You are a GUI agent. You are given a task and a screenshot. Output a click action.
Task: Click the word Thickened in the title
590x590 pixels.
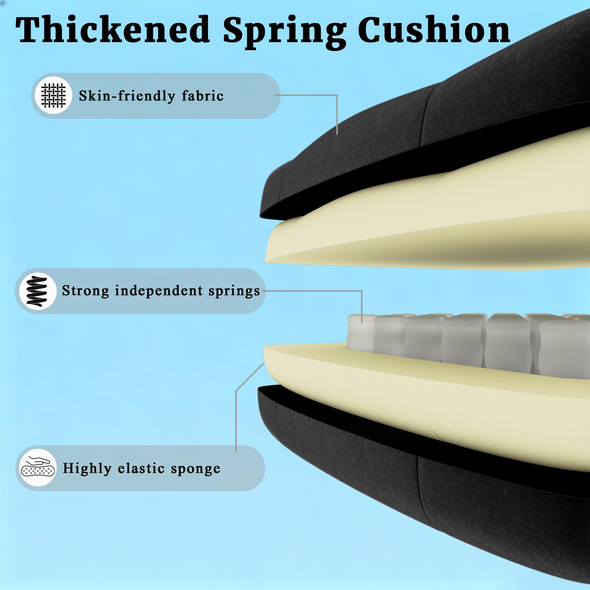pyautogui.click(x=112, y=29)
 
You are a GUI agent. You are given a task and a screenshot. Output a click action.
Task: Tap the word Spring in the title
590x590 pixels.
pyautogui.click(x=284, y=32)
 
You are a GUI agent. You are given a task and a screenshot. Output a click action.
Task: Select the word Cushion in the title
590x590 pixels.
pyautogui.click(x=434, y=29)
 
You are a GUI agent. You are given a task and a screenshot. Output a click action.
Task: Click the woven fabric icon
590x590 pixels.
pyautogui.click(x=53, y=96)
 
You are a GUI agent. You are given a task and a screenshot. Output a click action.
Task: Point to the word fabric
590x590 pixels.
pyautogui.click(x=202, y=96)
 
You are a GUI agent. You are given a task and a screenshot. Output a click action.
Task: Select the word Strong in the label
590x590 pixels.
pyautogui.click(x=85, y=291)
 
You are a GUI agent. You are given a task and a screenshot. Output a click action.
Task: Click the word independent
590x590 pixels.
pyautogui.click(x=159, y=291)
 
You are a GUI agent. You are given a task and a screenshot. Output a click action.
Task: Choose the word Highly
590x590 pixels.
pyautogui.click(x=87, y=468)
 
